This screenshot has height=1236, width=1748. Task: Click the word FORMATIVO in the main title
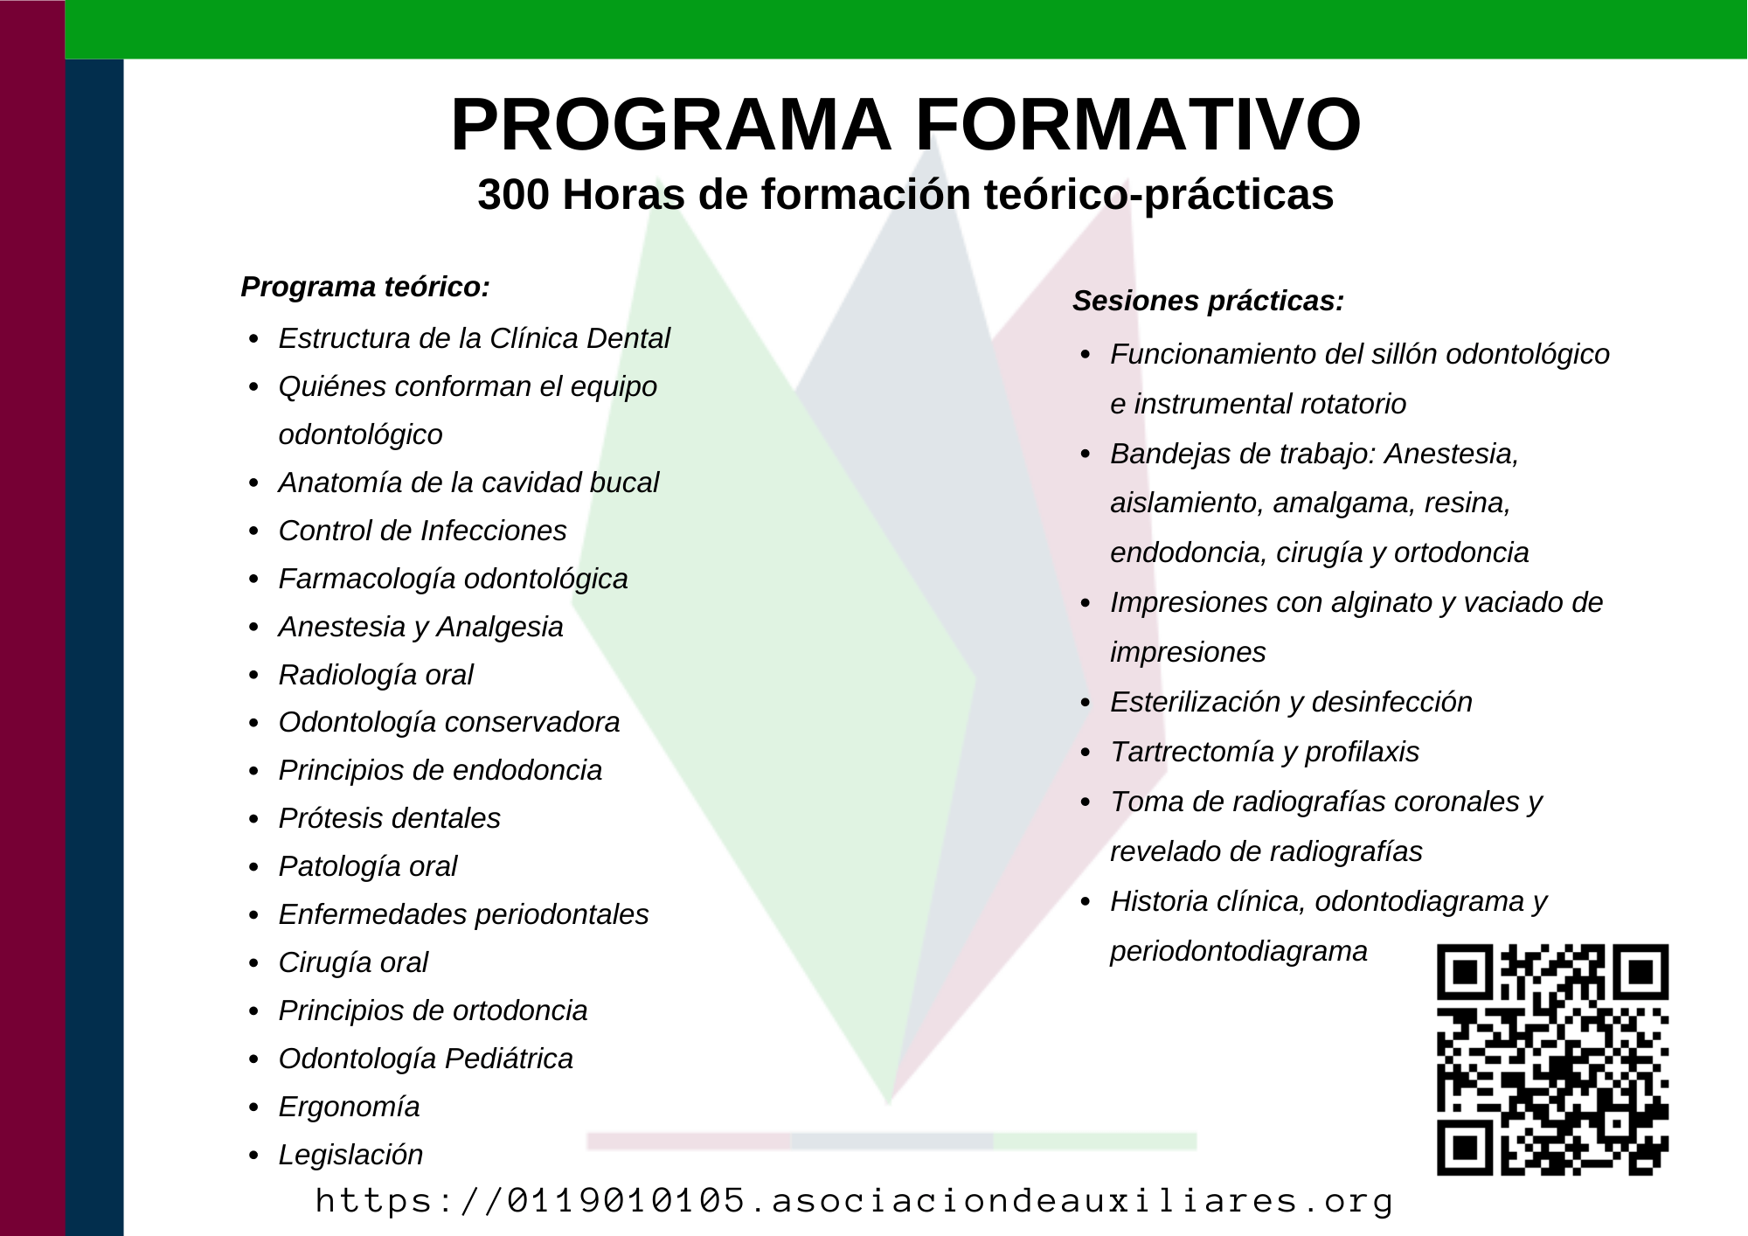[1138, 125]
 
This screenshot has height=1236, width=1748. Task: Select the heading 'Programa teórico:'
[365, 287]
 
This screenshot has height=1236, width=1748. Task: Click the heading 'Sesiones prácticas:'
[1208, 301]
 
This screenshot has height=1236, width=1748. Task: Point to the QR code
[1553, 1059]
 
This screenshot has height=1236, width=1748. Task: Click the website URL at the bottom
[854, 1201]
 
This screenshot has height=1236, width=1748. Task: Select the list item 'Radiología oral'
[376, 675]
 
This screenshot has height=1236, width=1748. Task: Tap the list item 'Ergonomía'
[349, 1107]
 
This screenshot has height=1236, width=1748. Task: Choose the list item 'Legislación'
[350, 1155]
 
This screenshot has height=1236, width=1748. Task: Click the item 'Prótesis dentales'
[390, 818]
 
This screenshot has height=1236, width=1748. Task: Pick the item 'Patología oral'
[368, 866]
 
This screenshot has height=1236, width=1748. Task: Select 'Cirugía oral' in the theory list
[353, 962]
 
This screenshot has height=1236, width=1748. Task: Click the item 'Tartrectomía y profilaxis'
[1265, 752]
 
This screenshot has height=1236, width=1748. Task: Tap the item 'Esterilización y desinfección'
[1291, 702]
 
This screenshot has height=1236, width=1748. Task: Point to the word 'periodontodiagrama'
[1238, 951]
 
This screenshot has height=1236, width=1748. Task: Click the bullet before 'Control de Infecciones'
[253, 531]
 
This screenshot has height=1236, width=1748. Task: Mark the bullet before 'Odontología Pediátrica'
[253, 1059]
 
